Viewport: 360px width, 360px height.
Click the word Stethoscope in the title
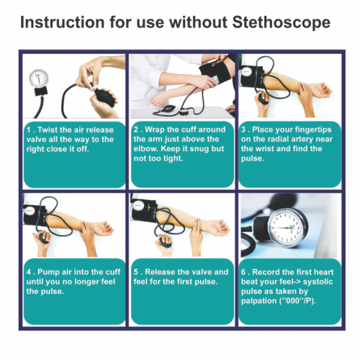click(x=282, y=22)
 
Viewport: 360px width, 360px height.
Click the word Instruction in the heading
click(x=63, y=22)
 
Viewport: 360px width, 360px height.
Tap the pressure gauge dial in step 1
click(x=39, y=78)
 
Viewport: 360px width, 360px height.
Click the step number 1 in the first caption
click(x=29, y=130)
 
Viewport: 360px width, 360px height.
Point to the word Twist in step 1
click(x=48, y=130)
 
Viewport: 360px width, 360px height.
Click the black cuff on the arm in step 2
click(x=215, y=73)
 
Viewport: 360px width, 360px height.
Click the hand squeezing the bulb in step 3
click(x=262, y=104)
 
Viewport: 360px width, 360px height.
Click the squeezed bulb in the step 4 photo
click(x=43, y=238)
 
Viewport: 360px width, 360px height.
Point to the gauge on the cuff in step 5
click(x=138, y=206)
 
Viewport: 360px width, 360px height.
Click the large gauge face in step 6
click(x=286, y=228)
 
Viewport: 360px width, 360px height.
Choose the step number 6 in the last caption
click(x=243, y=272)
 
